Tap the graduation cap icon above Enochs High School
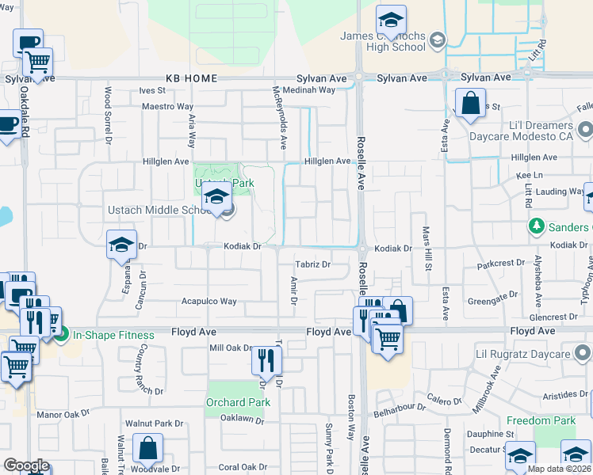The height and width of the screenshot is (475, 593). coord(391,19)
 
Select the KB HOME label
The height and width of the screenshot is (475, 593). coord(191,78)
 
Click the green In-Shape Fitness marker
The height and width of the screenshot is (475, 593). coord(62,335)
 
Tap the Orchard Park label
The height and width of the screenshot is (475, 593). coord(238,402)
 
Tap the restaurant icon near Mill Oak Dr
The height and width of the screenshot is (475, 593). coord(266,360)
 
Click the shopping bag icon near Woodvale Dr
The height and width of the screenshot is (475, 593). coord(147,448)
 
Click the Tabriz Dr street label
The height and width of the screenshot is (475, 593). coord(312,264)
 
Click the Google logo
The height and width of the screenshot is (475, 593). coord(26,465)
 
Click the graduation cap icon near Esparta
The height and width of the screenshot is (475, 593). coord(121,245)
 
